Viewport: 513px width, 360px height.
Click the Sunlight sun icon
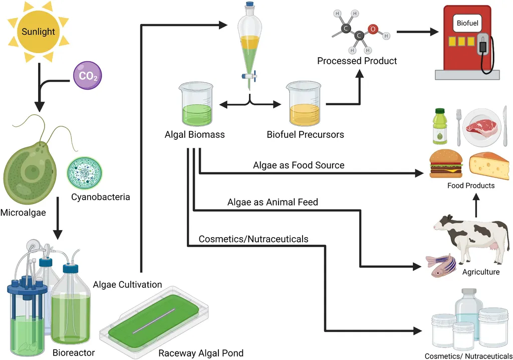[x=38, y=32]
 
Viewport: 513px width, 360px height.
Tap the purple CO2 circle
[x=88, y=76]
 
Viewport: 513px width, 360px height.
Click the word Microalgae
[x=23, y=213]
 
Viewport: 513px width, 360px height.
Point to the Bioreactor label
[x=74, y=352]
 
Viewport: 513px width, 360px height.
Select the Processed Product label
[x=357, y=61]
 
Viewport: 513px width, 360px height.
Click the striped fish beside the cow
[x=439, y=265]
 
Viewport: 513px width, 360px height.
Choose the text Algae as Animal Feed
[x=273, y=203]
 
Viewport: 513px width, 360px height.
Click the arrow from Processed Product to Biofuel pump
[x=416, y=33]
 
